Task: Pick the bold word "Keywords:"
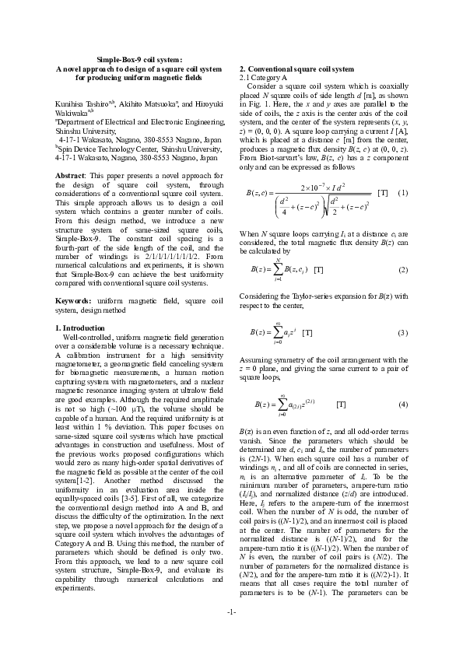74,299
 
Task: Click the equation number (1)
402,192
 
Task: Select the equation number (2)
402,269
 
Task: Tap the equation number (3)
402,333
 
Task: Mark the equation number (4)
402,405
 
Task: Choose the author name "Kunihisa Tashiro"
81,103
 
